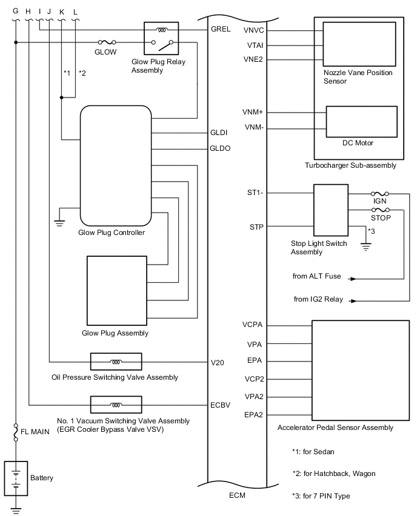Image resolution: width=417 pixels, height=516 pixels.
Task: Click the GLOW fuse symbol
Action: pos(107,42)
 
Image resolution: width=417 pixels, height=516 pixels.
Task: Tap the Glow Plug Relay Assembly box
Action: pos(161,38)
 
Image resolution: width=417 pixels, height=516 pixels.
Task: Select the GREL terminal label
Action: pos(221,29)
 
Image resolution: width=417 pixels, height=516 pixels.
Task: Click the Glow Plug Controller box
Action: pos(116,165)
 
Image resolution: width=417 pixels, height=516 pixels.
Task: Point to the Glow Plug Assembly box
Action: pos(117,291)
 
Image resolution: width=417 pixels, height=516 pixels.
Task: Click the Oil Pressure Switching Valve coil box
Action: pos(116,362)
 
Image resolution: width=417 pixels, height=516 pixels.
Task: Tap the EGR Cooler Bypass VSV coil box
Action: pos(116,405)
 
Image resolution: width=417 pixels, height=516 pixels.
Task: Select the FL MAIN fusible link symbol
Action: pos(16,432)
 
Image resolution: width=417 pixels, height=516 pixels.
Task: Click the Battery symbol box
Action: pos(16,478)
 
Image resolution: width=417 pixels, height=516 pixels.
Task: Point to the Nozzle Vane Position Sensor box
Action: pos(359,44)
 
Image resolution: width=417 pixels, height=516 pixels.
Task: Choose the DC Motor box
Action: pos(361,122)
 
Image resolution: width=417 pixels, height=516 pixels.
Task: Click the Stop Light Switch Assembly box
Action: pos(331,210)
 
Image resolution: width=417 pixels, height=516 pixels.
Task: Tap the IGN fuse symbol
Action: pos(380,194)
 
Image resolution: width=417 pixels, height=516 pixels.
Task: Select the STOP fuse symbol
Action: pos(381,210)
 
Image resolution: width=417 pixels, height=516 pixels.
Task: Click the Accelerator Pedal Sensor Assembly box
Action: pos(361,370)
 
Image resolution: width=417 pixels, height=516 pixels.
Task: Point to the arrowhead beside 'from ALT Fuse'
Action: pos(353,279)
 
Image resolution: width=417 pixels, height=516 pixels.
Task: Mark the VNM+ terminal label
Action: pos(253,112)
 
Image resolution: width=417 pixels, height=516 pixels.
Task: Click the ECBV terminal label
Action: pos(221,405)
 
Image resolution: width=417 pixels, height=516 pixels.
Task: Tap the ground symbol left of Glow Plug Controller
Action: pos(59,222)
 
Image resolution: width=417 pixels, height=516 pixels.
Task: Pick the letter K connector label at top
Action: pos(62,12)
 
